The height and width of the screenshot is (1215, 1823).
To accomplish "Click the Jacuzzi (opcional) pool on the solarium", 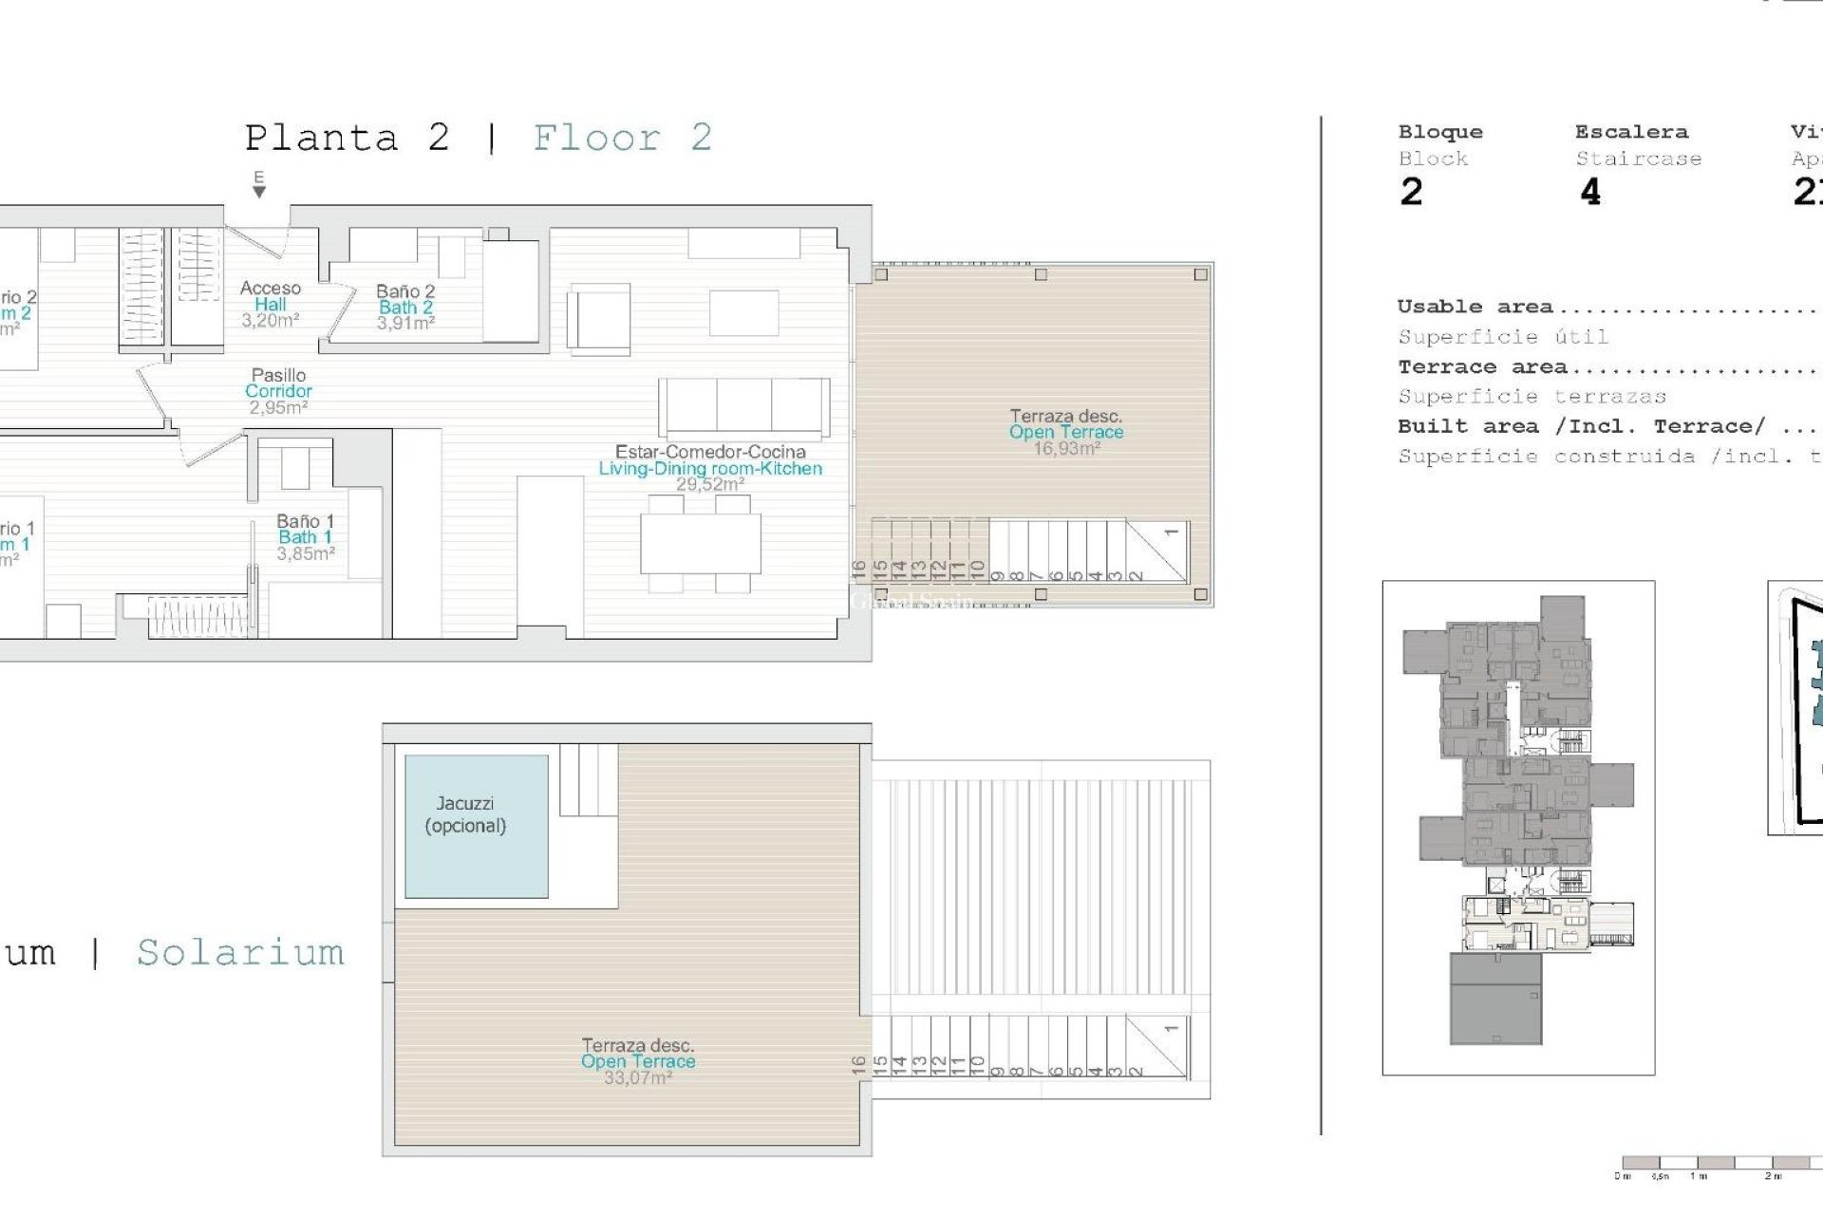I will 476,826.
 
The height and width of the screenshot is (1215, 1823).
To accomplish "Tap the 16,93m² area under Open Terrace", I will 1066,448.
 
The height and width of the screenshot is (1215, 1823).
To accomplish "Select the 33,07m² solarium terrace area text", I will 637,1078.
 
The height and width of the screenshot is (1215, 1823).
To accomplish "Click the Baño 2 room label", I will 405,291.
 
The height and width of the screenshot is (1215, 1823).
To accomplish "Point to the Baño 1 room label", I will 305,521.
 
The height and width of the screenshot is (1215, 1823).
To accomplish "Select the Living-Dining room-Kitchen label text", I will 710,468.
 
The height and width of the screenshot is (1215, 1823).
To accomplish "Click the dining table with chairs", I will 700,543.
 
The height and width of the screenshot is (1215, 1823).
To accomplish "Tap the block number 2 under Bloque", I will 1411,193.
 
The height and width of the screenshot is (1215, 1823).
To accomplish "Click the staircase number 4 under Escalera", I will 1590,193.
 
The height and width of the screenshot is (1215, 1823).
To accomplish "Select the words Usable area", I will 1475,307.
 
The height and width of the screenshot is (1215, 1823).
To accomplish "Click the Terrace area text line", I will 1481,367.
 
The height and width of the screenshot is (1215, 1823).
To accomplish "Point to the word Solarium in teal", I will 240,952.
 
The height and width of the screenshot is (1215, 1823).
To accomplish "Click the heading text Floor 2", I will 622,139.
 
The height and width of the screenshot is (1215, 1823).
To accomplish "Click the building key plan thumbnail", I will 1518,827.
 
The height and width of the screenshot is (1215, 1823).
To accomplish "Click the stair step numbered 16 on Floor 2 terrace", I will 859,570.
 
